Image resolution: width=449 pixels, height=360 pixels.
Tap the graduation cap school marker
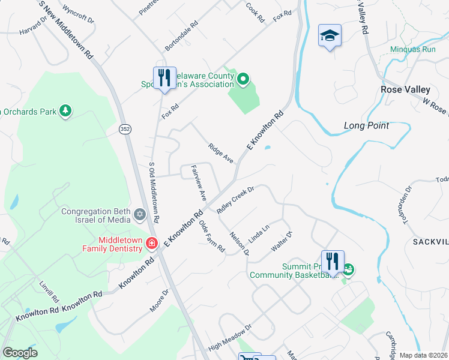[x=330, y=36]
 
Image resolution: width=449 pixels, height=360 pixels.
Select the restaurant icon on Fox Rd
[x=164, y=78]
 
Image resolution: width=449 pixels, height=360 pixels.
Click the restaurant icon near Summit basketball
[x=333, y=262]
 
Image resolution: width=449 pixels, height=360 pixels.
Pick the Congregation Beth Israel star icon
[x=140, y=214]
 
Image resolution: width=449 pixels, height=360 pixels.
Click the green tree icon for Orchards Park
[x=65, y=110]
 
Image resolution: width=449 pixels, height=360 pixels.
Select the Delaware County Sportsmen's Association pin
[x=243, y=79]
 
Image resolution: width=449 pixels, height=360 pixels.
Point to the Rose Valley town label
[x=406, y=89]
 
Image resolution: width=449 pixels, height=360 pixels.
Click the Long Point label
[x=366, y=125]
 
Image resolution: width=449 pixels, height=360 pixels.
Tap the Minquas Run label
[x=412, y=49]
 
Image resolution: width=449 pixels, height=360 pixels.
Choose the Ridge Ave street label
[x=220, y=154]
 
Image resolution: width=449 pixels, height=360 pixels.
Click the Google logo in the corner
[x=20, y=353]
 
